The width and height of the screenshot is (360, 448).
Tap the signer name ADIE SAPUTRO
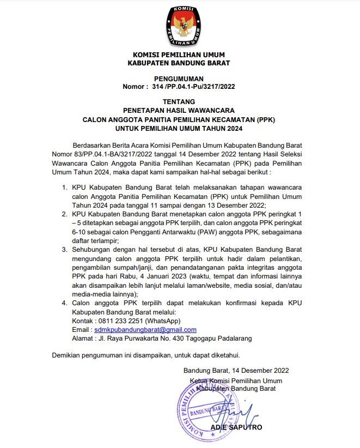point(236,428)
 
